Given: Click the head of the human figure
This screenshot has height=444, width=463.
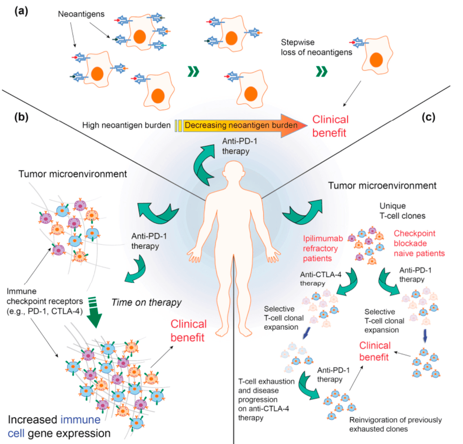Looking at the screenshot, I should point(234,172).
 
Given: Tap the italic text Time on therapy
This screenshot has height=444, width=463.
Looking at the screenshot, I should point(146,303).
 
